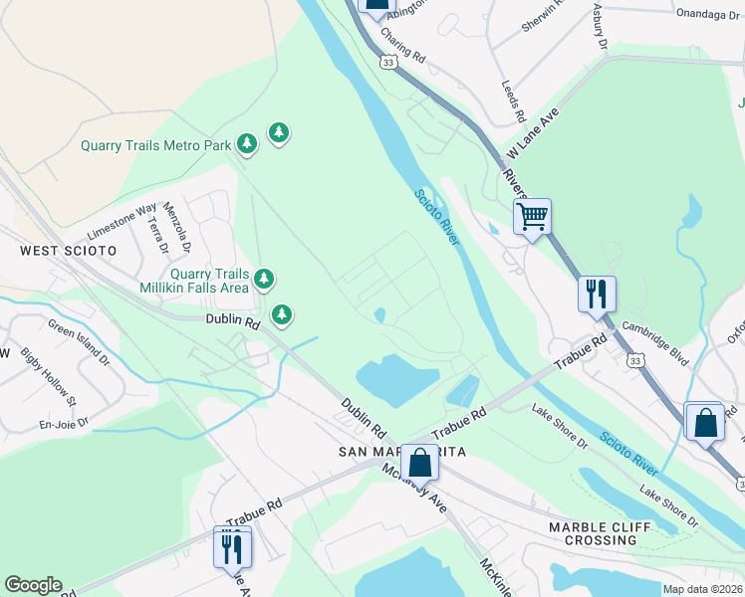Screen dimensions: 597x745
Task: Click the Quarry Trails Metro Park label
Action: click(x=155, y=145)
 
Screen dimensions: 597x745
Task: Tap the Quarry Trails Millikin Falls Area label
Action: click(x=208, y=281)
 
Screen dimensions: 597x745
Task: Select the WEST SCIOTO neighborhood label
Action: click(x=69, y=250)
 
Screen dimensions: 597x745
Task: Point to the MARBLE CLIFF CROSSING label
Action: click(x=593, y=533)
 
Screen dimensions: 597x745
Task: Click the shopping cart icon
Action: click(x=533, y=215)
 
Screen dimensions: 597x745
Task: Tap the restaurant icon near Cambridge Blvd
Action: click(x=597, y=295)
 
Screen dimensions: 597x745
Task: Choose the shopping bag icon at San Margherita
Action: click(x=420, y=463)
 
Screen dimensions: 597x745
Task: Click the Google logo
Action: click(x=33, y=585)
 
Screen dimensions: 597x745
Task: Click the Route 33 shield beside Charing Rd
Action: click(x=386, y=62)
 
